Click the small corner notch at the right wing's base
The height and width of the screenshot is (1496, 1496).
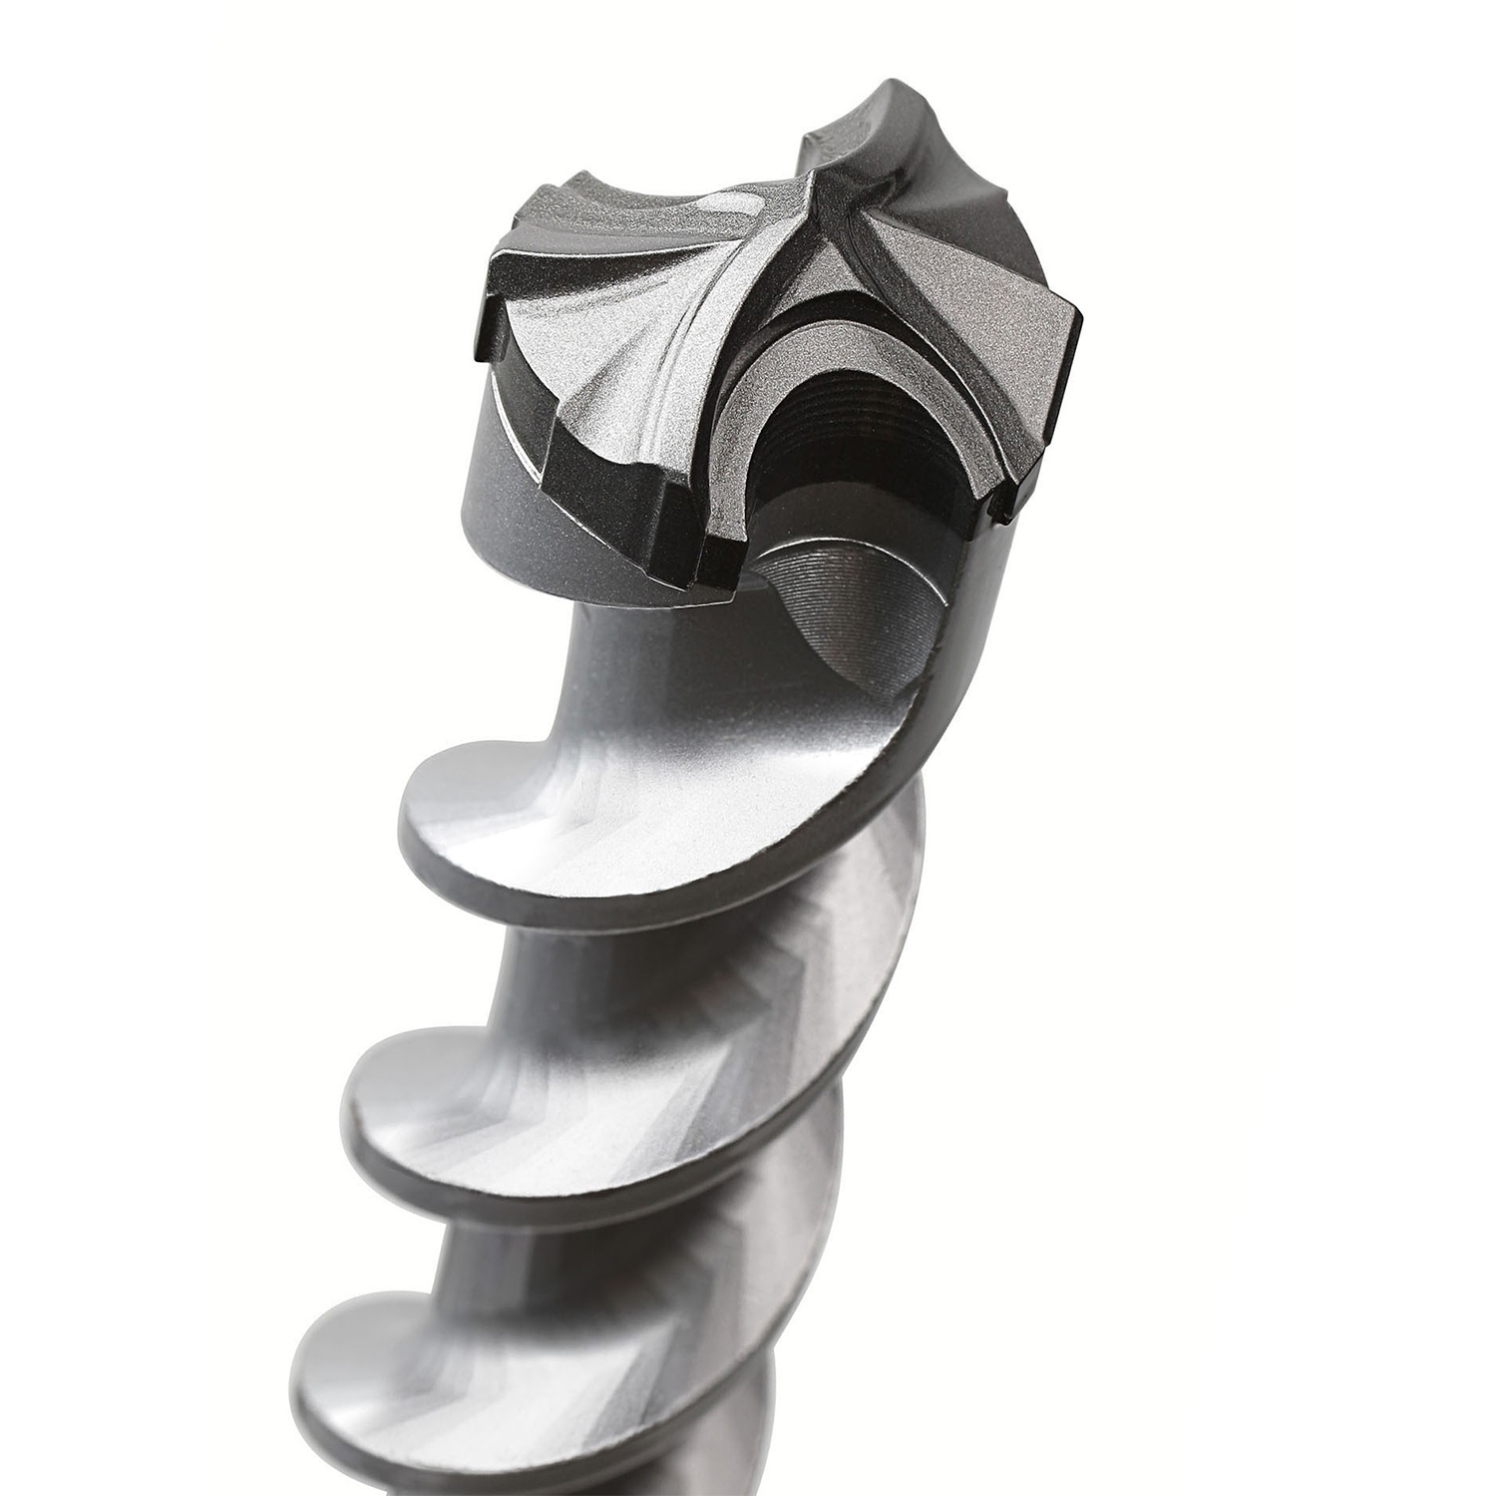coord(1002,509)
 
